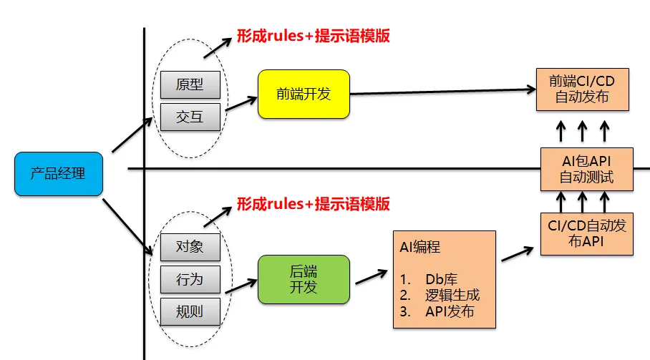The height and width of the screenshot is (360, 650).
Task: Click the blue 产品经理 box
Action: [x=59, y=174]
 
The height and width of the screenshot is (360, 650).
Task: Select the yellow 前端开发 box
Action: [x=303, y=94]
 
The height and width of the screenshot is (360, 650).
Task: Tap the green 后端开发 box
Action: [x=303, y=279]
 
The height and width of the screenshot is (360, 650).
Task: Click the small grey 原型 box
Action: [x=190, y=84]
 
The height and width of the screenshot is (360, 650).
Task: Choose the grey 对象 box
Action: [x=190, y=246]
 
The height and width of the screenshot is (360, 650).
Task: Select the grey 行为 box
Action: [x=190, y=278]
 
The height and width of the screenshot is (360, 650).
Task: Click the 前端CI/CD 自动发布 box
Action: [x=582, y=89]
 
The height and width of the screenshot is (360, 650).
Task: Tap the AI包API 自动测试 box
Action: [x=586, y=168]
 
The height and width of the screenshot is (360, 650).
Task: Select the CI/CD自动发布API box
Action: [x=586, y=233]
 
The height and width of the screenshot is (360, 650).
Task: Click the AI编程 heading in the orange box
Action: [x=419, y=248]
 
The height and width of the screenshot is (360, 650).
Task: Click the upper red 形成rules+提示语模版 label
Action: [x=314, y=36]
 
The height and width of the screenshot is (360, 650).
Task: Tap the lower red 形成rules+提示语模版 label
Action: [x=314, y=204]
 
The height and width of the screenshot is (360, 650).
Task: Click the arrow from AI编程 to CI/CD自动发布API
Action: [x=518, y=254]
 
